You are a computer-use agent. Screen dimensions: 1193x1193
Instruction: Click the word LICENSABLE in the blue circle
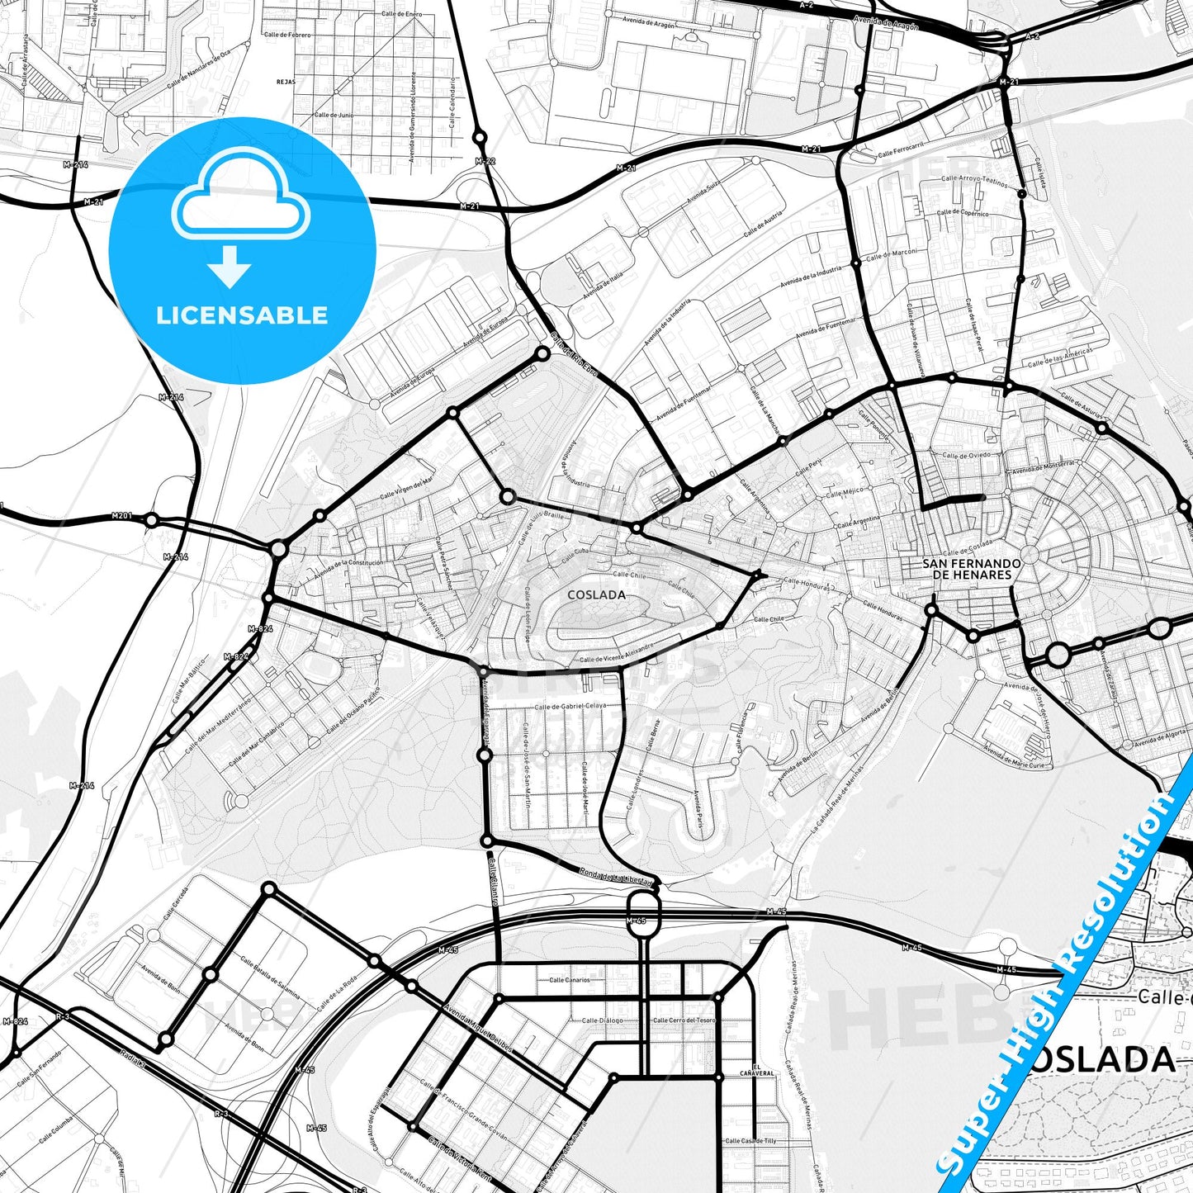pyautogui.click(x=242, y=315)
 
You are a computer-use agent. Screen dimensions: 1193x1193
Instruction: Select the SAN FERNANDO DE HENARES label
pyautogui.click(x=971, y=569)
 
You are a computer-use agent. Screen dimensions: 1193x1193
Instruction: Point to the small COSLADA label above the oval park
pyautogui.click(x=596, y=594)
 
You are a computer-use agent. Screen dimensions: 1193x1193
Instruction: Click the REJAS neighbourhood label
pyautogui.click(x=286, y=82)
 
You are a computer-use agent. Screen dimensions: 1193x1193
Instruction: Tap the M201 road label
pyautogui.click(x=121, y=517)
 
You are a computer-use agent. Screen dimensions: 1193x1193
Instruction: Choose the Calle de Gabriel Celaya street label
pyautogui.click(x=570, y=707)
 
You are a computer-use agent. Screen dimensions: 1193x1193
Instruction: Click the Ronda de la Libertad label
pyautogui.click(x=615, y=877)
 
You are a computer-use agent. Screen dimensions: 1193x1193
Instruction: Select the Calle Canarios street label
pyautogui.click(x=570, y=980)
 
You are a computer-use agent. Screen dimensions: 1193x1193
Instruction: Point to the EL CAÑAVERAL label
pyautogui.click(x=763, y=1071)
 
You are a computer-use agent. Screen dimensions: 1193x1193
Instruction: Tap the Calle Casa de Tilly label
pyautogui.click(x=750, y=1141)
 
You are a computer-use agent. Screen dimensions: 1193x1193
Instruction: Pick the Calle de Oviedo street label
pyautogui.click(x=966, y=456)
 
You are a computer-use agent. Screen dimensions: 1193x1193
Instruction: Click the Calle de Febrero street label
pyautogui.click(x=287, y=35)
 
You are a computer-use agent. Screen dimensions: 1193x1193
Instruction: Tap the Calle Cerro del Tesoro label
pyautogui.click(x=684, y=1020)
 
